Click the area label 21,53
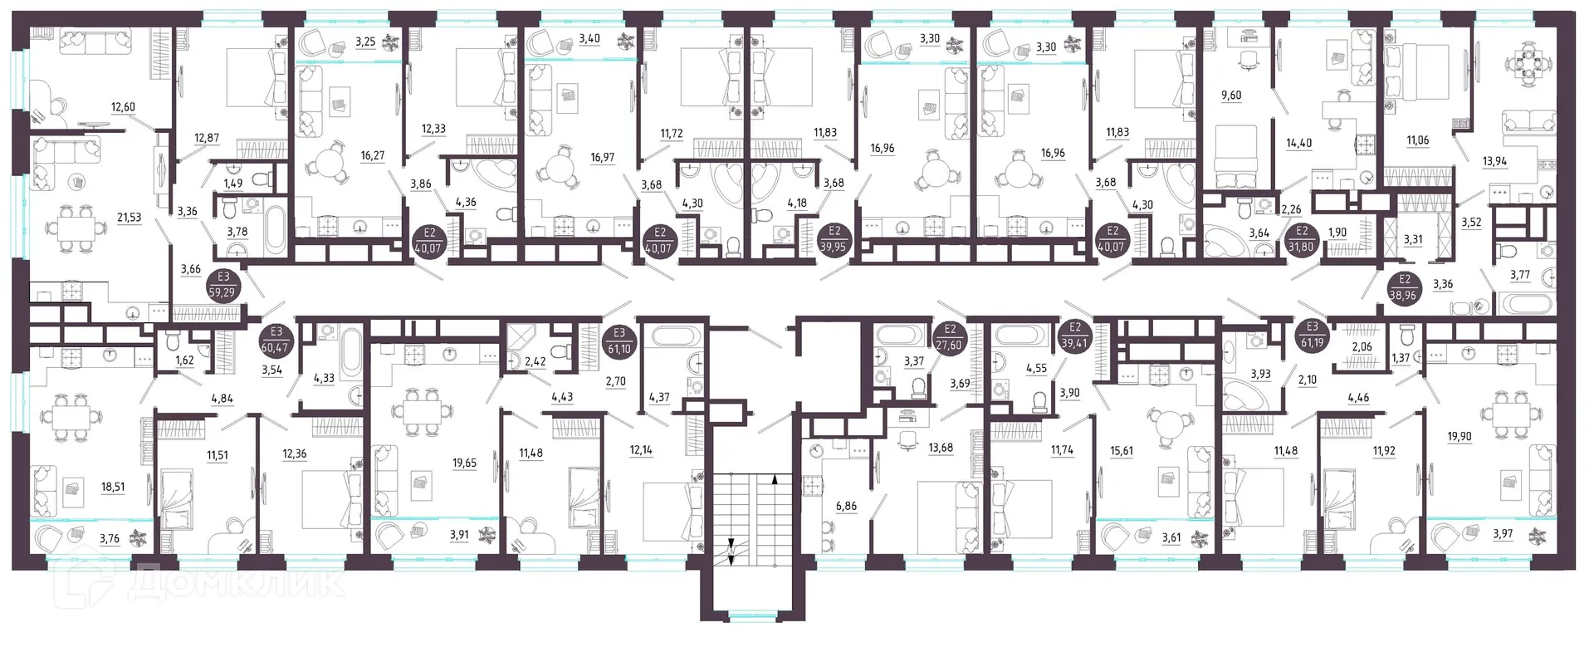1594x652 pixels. (x=129, y=218)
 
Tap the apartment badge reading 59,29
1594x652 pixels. (x=223, y=287)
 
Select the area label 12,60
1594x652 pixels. (x=122, y=107)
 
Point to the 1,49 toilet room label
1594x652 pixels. (x=233, y=184)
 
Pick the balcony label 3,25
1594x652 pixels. (x=365, y=40)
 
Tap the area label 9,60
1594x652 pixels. (x=1231, y=96)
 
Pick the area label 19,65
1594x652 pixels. (x=464, y=463)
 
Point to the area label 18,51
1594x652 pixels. (x=112, y=488)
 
